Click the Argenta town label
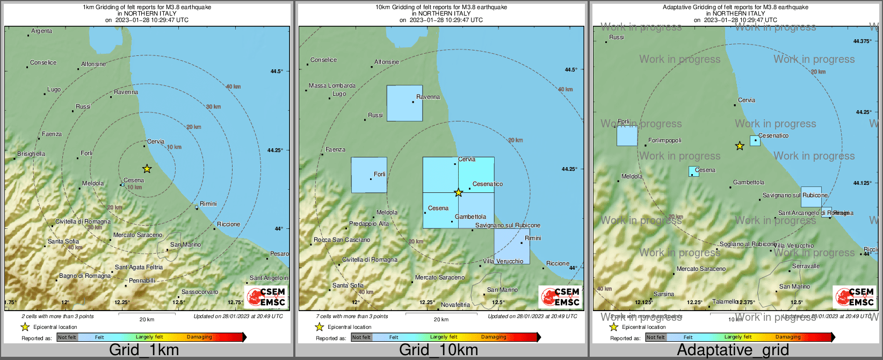(x=41, y=31)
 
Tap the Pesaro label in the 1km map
(x=279, y=254)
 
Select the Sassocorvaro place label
(x=200, y=292)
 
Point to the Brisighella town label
(x=31, y=154)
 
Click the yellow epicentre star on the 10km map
(x=458, y=192)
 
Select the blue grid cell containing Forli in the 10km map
(x=368, y=175)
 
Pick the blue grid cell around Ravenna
(x=404, y=103)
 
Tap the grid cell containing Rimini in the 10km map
(x=512, y=246)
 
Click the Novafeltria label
(x=455, y=305)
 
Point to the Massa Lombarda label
(x=332, y=86)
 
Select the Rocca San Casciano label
(x=342, y=240)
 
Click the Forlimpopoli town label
(x=665, y=141)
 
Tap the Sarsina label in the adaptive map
(x=664, y=294)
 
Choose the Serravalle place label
(x=806, y=267)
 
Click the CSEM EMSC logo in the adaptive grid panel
(x=853, y=297)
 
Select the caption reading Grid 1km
(x=144, y=350)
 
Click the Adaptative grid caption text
(x=733, y=350)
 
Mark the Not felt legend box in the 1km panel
(x=67, y=337)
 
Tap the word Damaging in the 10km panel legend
(x=493, y=337)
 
